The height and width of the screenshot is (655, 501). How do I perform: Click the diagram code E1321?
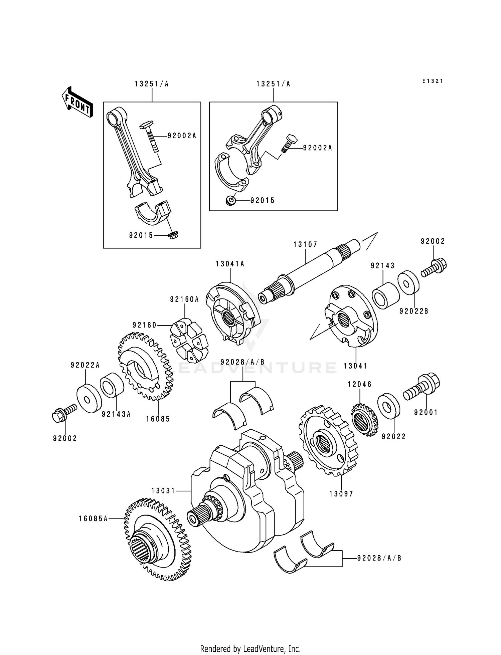432,81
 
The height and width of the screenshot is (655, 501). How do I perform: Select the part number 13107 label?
305,244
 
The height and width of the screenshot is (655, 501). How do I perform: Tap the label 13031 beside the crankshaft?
163,490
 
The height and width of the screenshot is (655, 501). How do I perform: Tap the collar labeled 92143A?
112,386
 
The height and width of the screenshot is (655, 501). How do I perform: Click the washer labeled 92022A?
89,399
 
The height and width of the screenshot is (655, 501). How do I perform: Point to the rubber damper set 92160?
189,341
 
